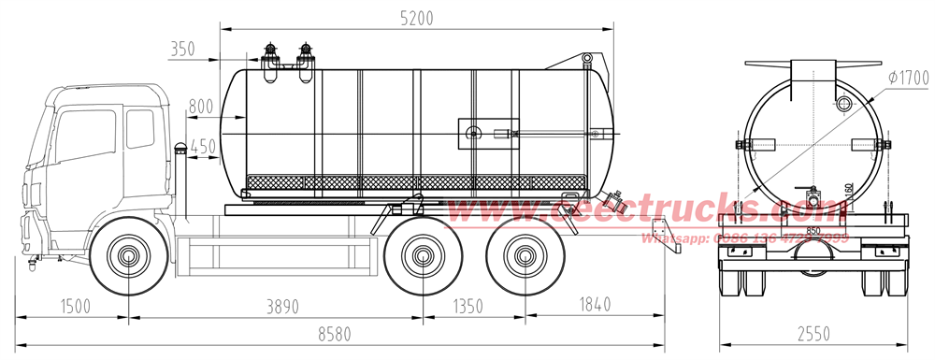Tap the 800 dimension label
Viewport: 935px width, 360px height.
[200, 107]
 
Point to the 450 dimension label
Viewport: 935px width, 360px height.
[200, 145]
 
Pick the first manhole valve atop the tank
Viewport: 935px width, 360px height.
[270, 57]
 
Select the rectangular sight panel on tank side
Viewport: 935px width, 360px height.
[486, 133]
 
